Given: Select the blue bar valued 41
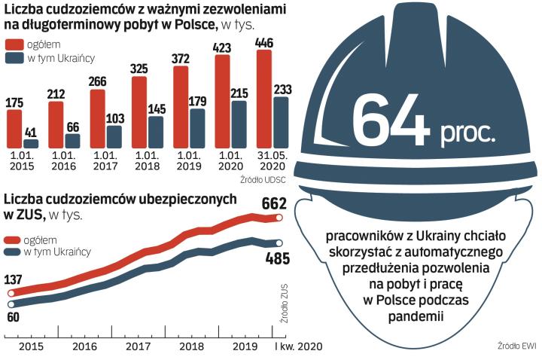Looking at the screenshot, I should (x=31, y=143).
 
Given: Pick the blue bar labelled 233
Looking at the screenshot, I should (x=280, y=122).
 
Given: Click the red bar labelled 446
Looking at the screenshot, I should (x=264, y=99).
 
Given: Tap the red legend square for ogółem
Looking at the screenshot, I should (x=13, y=45).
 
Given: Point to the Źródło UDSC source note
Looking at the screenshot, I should (x=269, y=178).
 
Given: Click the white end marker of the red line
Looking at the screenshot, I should (x=279, y=218).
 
